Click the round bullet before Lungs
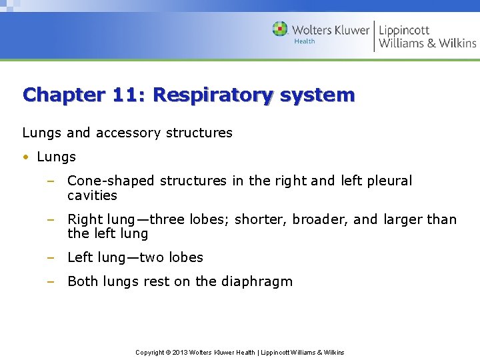[x=25, y=157]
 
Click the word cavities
[x=92, y=195]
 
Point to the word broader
[x=317, y=219]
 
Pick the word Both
[x=83, y=281]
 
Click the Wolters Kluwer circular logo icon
[x=280, y=29]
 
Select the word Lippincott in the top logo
[x=404, y=30]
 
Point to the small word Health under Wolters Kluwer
[x=304, y=41]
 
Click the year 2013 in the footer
[x=179, y=352]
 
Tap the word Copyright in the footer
[x=149, y=352]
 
